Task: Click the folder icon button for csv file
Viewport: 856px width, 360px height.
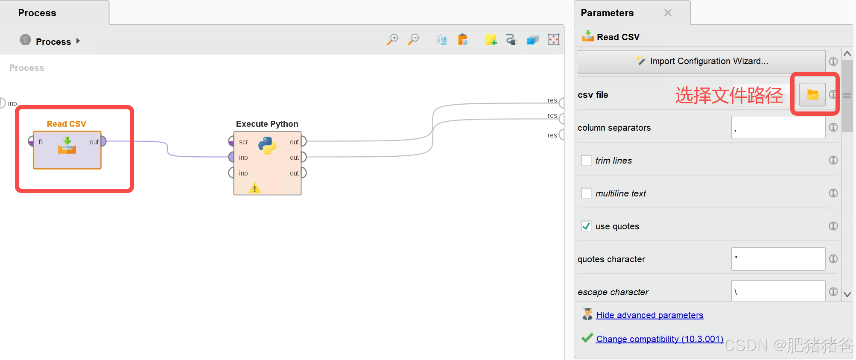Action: [x=812, y=94]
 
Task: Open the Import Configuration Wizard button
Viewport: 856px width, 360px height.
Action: [x=701, y=61]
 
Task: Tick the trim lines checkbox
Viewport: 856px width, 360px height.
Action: [x=586, y=161]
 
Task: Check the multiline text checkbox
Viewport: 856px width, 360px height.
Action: [x=586, y=193]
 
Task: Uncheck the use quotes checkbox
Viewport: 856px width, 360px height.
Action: [x=586, y=226]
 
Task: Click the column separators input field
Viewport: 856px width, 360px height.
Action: [x=778, y=128]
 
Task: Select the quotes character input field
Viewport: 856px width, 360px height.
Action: [x=778, y=259]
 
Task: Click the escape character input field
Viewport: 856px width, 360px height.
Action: [x=778, y=292]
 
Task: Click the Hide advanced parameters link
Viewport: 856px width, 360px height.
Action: [x=649, y=315]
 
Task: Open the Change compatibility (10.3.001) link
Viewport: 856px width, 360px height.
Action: [x=659, y=339]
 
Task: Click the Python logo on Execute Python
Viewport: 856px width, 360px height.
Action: [x=267, y=146]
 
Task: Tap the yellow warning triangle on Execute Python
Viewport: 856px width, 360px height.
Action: [x=254, y=188]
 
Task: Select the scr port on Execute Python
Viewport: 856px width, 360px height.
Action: [x=231, y=141]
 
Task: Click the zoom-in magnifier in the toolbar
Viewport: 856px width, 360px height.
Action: [x=392, y=40]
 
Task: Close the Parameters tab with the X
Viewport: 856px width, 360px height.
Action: [x=668, y=13]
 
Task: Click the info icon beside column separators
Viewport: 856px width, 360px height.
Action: [x=833, y=127]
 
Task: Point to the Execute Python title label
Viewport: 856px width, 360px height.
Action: [x=267, y=124]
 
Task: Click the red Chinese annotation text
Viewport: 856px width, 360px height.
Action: [x=729, y=95]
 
